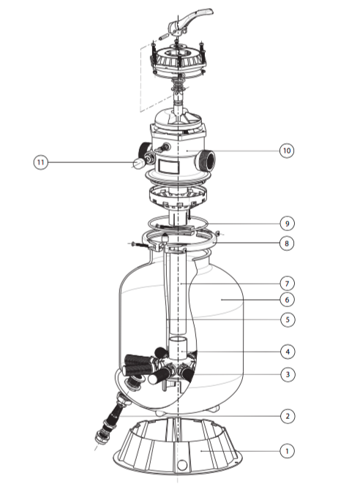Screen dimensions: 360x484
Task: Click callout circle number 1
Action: click(x=287, y=451)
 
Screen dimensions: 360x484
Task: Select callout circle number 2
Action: click(x=288, y=416)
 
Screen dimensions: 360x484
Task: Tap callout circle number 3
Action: click(x=288, y=374)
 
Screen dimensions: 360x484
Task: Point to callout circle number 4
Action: click(x=288, y=352)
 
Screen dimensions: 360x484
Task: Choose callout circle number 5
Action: click(x=288, y=319)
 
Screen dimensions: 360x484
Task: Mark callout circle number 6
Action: click(x=287, y=300)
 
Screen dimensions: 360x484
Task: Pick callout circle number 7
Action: click(x=287, y=284)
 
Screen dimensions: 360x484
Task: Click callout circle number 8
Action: click(x=287, y=243)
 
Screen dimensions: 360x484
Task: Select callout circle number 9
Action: click(x=287, y=223)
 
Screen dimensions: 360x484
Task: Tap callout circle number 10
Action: click(x=287, y=151)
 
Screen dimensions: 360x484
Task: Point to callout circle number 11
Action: click(x=41, y=162)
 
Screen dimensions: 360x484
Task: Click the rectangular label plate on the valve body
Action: click(x=169, y=167)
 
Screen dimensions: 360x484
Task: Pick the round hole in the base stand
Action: click(x=182, y=464)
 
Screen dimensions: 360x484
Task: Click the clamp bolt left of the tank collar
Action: click(x=141, y=245)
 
